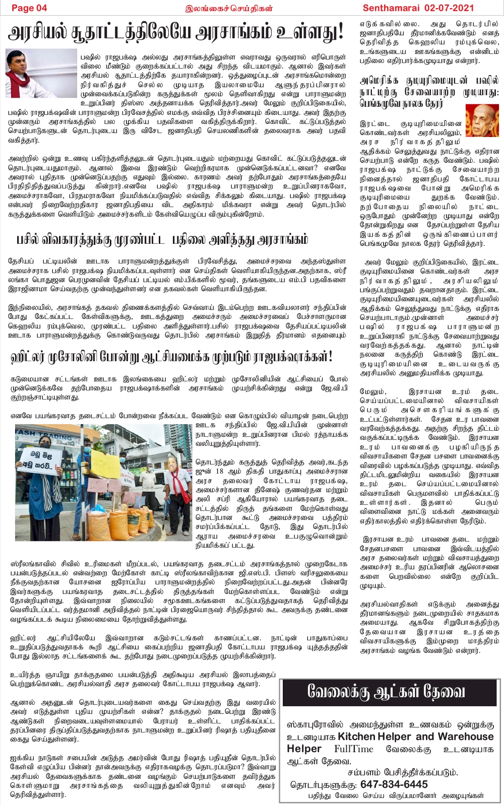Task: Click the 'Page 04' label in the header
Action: point(29,8)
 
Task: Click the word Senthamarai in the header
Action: point(390,8)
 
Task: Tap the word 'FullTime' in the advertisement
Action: point(354,749)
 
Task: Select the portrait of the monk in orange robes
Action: point(482,121)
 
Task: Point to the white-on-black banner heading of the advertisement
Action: point(386,692)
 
